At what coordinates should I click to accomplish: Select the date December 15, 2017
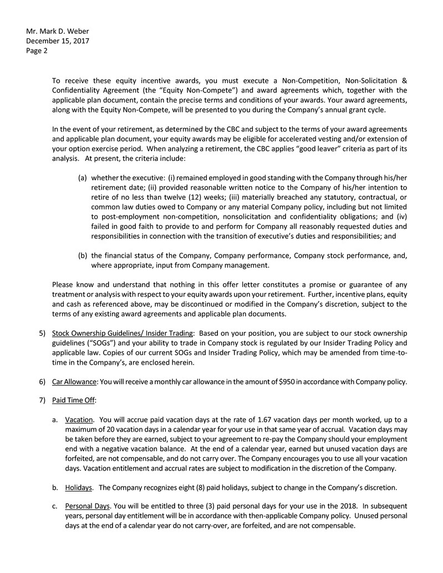coord(58,40)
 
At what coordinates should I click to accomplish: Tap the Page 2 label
coord(37,50)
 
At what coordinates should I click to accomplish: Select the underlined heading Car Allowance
coord(74,382)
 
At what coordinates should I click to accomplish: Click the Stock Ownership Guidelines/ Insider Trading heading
coord(123,333)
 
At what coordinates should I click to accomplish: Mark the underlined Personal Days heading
coord(87,507)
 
